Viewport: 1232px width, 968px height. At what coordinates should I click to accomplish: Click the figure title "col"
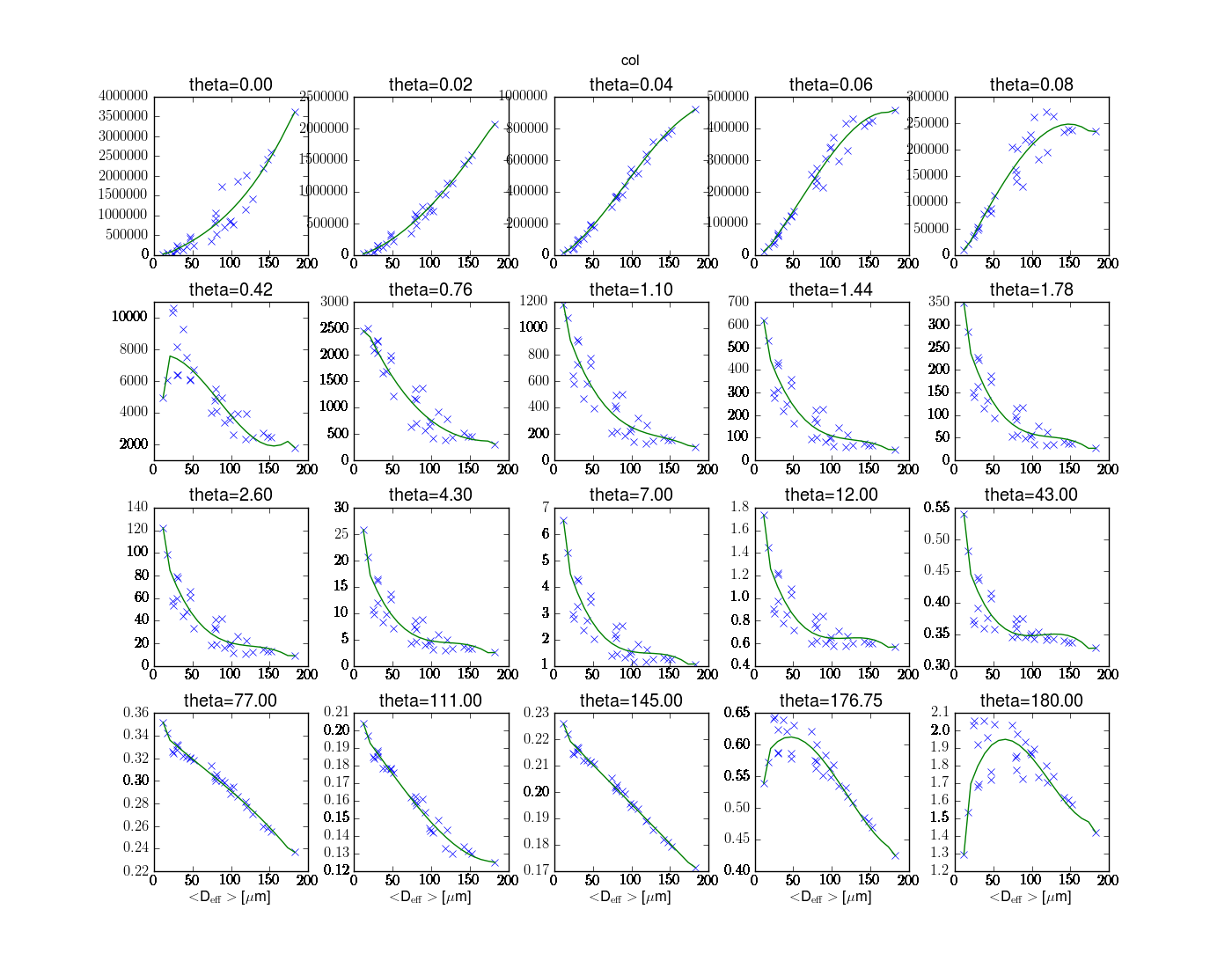coord(630,61)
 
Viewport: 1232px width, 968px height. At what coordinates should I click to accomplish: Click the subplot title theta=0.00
coord(231,84)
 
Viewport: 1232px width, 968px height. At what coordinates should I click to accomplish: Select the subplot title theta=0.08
coord(1031,84)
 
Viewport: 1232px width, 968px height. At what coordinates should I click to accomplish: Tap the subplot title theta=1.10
coord(631,290)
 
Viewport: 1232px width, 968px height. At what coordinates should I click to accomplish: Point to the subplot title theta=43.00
coord(1031,495)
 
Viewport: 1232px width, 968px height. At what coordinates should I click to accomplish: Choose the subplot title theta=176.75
coord(831,700)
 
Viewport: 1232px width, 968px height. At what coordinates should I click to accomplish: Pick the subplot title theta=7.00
coord(631,495)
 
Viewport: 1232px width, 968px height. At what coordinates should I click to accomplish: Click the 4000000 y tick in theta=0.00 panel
coord(124,96)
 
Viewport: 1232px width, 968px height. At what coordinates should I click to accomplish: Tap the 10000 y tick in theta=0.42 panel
coord(129,317)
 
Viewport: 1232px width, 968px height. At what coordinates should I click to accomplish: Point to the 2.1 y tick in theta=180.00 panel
coord(941,712)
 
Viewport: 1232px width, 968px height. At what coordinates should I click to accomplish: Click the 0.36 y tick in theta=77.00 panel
coord(136,713)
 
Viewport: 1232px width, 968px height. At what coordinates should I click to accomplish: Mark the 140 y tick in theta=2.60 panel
coord(138,507)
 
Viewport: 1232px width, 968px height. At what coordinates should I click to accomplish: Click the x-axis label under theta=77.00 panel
coord(230,897)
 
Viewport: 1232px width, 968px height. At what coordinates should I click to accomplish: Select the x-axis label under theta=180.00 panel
coord(1030,897)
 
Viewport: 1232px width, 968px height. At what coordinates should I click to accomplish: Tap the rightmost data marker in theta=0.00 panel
coord(296,113)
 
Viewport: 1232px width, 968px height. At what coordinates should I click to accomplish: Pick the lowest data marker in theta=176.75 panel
coord(895,855)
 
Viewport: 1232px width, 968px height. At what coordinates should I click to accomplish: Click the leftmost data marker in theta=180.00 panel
coord(964,854)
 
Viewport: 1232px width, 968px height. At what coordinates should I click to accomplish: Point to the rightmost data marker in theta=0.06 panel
coord(895,110)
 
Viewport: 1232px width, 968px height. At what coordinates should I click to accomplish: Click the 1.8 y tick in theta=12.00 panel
coord(740,507)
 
